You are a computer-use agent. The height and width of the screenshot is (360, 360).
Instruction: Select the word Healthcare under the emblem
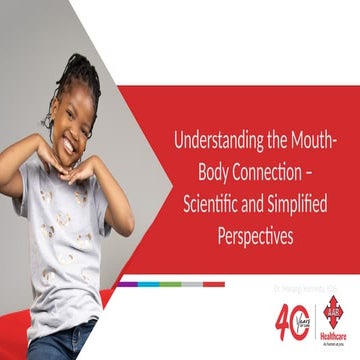pos(333,337)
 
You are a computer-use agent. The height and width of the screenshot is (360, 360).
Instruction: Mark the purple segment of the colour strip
pos(126,284)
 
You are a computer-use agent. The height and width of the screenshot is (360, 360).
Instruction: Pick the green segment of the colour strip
pos(170,284)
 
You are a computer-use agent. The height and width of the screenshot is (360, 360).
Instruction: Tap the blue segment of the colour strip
pos(148,284)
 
